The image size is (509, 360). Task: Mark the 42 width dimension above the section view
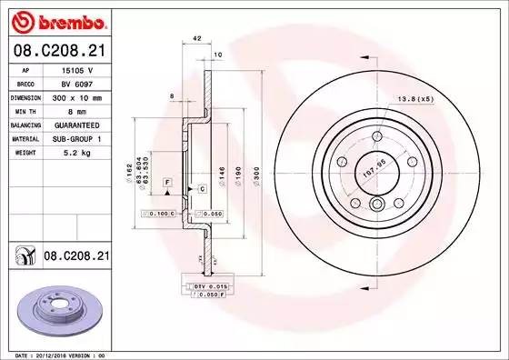[196, 37]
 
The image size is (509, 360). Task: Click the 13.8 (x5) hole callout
[438, 97]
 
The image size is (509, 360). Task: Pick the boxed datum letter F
[168, 183]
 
